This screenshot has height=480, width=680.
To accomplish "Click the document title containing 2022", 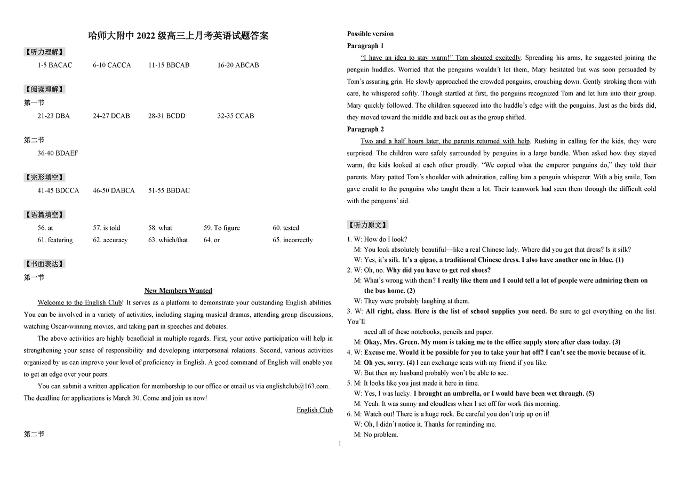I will pyautogui.click(x=178, y=36).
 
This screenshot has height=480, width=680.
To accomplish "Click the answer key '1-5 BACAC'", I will pyautogui.click(x=54, y=65).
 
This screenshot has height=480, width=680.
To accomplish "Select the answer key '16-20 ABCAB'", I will pyautogui.click(x=238, y=65).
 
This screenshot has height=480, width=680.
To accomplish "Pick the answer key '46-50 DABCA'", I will pyautogui.click(x=114, y=190).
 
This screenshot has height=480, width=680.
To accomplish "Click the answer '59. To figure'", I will pyautogui.click(x=222, y=228).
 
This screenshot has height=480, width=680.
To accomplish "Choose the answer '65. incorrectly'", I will pyautogui.click(x=293, y=240).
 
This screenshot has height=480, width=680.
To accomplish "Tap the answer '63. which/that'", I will pyautogui.click(x=168, y=240).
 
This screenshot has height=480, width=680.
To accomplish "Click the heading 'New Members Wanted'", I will pyautogui.click(x=178, y=291).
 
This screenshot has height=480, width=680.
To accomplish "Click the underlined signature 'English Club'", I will pyautogui.click(x=315, y=410).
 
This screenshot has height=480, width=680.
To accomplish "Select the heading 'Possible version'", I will pyautogui.click(x=370, y=34).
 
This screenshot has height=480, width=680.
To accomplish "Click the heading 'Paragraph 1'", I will pyautogui.click(x=365, y=46).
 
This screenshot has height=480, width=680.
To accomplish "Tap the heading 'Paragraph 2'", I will pyautogui.click(x=365, y=129).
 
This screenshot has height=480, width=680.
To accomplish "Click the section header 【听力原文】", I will pyautogui.click(x=368, y=225).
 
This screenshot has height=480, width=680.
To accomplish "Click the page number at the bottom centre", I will pyautogui.click(x=340, y=444).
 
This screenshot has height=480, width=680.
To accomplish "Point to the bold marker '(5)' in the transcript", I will pyautogui.click(x=590, y=394).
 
